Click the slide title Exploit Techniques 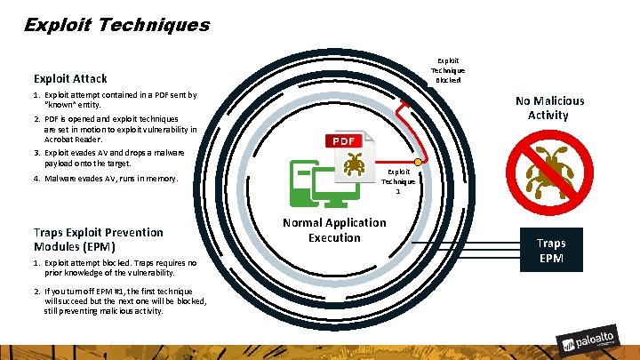(x=116, y=24)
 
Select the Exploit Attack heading (x=70, y=79)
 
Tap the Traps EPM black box (x=550, y=251)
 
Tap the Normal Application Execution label (x=334, y=230)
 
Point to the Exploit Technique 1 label (x=398, y=181)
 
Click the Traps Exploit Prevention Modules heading (x=98, y=239)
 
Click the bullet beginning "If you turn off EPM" (x=124, y=300)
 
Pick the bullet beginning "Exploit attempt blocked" (x=120, y=268)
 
